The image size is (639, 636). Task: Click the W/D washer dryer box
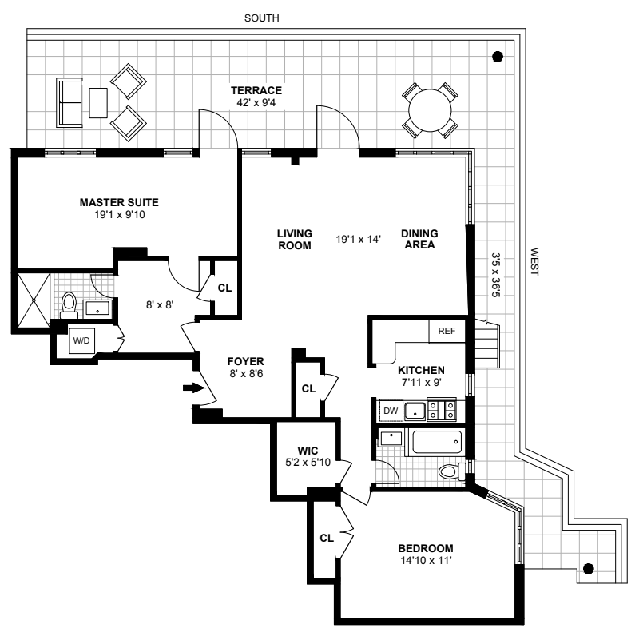(82, 340)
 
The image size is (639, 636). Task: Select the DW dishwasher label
(391, 411)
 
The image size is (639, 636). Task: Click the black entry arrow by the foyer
(192, 388)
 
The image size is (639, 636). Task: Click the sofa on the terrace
(69, 101)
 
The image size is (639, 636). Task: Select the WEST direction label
(534, 262)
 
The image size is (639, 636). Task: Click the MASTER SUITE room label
(119, 202)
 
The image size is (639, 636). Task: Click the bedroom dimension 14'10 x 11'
(425, 561)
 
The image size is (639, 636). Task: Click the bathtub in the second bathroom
(435, 441)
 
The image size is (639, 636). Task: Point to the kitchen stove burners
(441, 410)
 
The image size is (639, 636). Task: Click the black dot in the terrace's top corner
(498, 57)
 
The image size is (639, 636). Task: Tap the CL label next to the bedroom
(326, 538)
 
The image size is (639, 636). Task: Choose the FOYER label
(244, 361)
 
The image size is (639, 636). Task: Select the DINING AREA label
(419, 239)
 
